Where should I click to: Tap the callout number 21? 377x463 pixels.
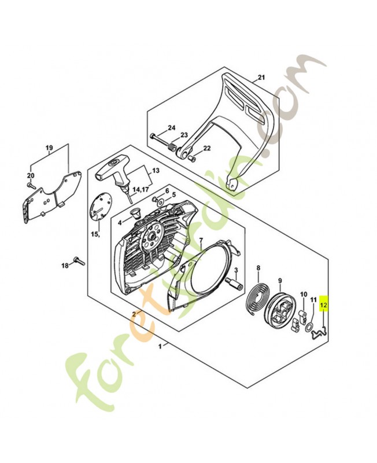pyautogui.click(x=261, y=78)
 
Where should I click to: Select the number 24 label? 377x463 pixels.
pyautogui.click(x=171, y=127)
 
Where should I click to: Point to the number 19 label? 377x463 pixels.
pyautogui.click(x=49, y=148)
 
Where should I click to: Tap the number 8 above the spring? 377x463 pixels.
pyautogui.click(x=258, y=267)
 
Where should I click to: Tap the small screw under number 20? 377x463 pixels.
pyautogui.click(x=30, y=185)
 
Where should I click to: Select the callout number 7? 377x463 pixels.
pyautogui.click(x=201, y=240)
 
